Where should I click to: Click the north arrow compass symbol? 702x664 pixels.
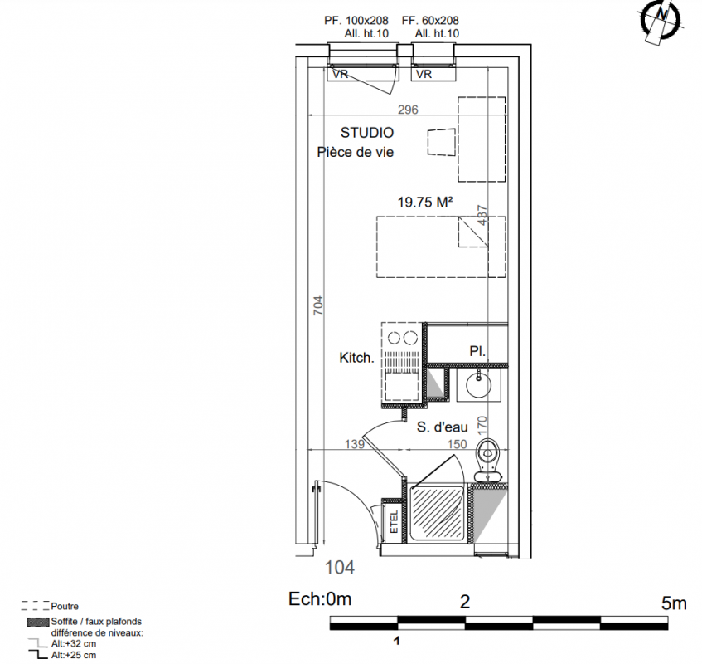click(661, 21)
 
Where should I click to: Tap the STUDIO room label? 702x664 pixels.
click(367, 133)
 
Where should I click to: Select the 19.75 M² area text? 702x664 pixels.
click(425, 203)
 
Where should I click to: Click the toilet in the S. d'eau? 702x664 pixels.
click(487, 459)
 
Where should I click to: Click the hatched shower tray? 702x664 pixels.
click(437, 514)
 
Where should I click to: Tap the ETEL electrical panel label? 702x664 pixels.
click(394, 521)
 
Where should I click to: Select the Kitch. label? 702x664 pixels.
click(357, 358)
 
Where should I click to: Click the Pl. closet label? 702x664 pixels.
click(477, 351)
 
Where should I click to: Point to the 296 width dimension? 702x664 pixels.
click(408, 110)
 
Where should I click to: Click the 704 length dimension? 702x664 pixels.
click(318, 305)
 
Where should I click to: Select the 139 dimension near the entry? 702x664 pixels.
click(355, 444)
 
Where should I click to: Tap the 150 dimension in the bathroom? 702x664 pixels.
click(458, 444)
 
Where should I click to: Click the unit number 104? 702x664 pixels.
click(339, 568)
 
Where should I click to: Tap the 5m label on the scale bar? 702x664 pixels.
click(674, 603)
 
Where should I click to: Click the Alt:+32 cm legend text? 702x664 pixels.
click(74, 643)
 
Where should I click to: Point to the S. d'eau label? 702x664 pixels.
click(443, 427)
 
